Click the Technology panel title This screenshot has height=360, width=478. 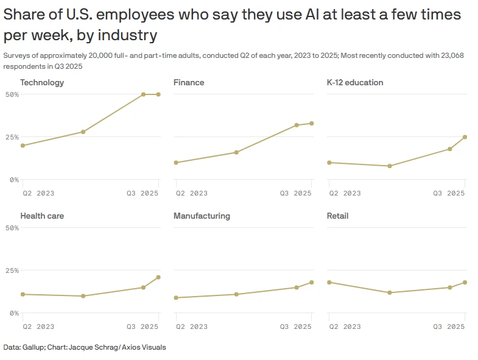42,82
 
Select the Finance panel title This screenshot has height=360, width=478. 189,82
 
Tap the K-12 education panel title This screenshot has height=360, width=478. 355,82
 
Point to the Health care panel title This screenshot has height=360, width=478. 42,216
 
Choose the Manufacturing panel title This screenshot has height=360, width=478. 202,216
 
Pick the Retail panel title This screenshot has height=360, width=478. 337,216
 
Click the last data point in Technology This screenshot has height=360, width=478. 158,94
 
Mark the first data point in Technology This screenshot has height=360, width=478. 23,146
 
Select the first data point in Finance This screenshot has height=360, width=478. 176,163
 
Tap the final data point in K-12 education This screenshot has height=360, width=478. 465,137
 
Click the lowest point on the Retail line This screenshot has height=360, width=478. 389,293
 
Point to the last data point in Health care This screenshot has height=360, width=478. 158,277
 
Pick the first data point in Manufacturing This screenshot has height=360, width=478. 176,298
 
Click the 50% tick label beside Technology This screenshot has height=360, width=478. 12,94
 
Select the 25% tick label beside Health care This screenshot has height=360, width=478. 12,270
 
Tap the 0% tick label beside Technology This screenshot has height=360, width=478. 14,180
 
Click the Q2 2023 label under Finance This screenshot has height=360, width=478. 192,193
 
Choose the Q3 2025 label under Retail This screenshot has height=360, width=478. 449,326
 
